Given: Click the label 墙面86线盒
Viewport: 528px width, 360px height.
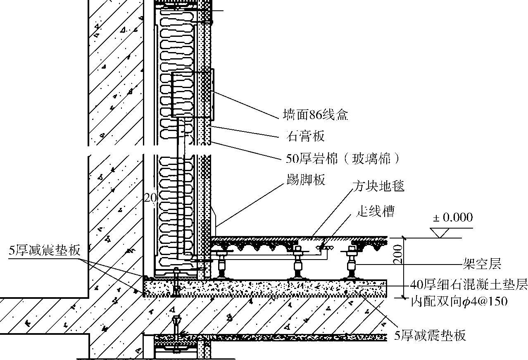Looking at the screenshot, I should point(316,115).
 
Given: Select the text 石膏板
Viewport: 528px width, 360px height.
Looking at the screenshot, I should point(305,136).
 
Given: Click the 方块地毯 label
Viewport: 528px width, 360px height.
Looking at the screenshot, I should point(378,186).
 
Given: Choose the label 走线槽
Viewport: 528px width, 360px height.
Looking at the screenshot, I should point(375,212).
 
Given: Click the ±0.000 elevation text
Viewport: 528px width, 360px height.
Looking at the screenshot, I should point(452,217).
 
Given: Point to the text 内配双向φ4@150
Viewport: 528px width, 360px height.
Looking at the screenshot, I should point(459,302).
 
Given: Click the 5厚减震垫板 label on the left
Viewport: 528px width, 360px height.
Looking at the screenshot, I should point(44,250).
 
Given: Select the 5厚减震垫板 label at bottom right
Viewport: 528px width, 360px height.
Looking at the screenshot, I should point(430,335).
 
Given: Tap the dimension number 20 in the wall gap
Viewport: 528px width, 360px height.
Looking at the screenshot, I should point(150,198).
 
